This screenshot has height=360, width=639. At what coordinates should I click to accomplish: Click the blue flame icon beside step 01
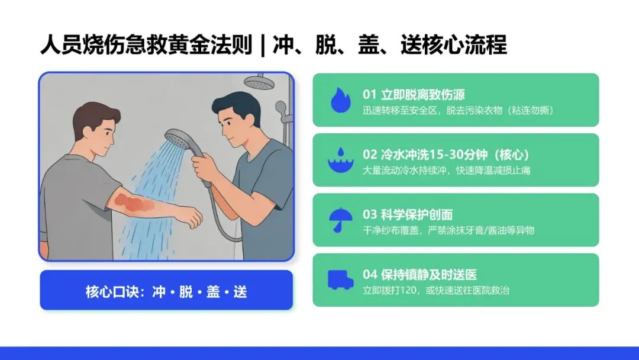coord(341,100)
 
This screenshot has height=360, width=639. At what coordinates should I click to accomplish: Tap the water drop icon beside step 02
coord(341,160)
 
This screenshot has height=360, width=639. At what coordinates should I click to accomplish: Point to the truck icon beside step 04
coord(340,280)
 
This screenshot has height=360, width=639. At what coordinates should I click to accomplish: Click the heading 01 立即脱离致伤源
coord(414,95)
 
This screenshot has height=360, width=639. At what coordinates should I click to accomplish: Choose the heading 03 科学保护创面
coord(408,215)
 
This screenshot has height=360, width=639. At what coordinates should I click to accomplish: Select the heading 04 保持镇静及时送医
coord(419,275)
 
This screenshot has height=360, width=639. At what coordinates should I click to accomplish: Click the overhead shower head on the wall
coord(259,82)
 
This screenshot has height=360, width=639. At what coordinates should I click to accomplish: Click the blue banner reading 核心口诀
coord(166,290)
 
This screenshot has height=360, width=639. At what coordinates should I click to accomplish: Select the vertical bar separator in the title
coord(263,45)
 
